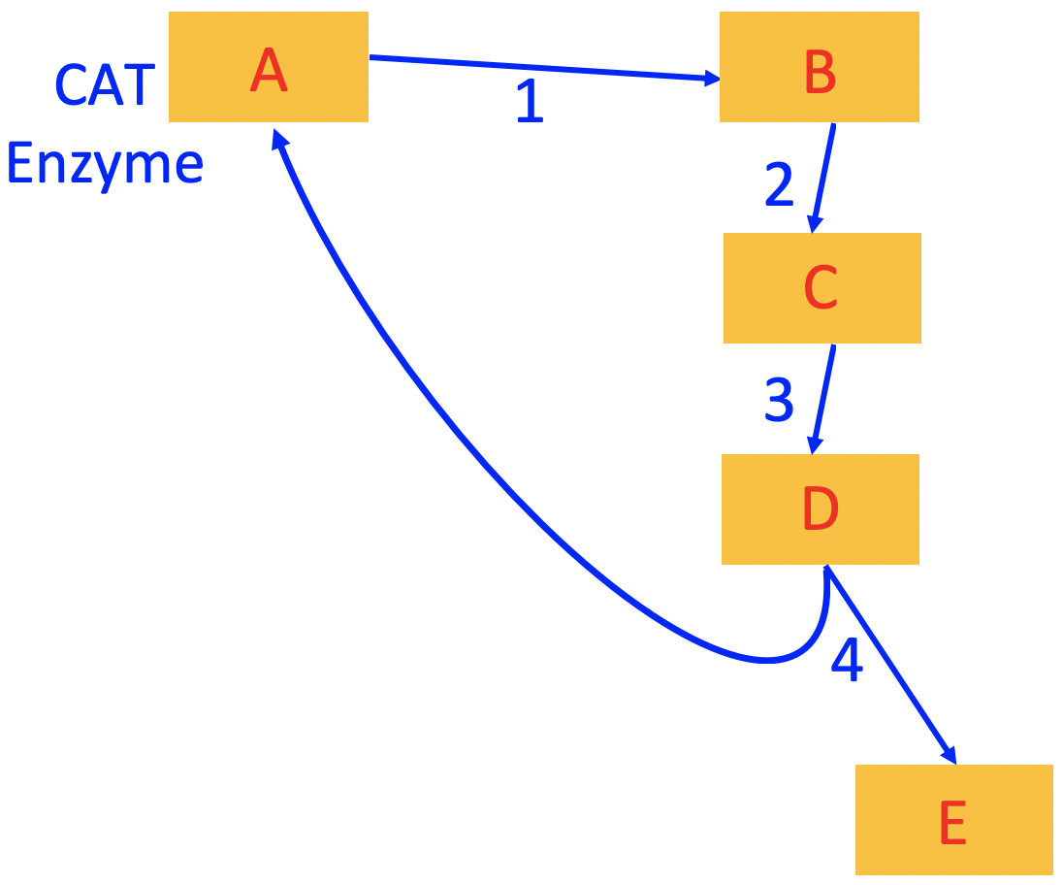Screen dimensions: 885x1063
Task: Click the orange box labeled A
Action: coord(268,67)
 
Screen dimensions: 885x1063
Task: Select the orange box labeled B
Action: coord(819,67)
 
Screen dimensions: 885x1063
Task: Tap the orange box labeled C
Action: coord(821,288)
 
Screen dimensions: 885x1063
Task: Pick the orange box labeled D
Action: coord(820,509)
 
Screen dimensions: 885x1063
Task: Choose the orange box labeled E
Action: coord(953,820)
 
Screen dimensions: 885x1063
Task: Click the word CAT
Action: coord(105,85)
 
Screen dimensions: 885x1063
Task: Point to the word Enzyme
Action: coord(105,163)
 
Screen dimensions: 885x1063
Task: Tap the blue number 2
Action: coord(779,184)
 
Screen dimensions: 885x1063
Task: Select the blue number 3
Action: coord(779,400)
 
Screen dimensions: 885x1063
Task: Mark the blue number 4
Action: coord(847,661)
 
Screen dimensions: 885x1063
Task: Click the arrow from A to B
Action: coord(543,69)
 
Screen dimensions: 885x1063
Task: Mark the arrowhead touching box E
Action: coord(948,754)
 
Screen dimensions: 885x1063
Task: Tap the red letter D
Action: coord(820,509)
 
